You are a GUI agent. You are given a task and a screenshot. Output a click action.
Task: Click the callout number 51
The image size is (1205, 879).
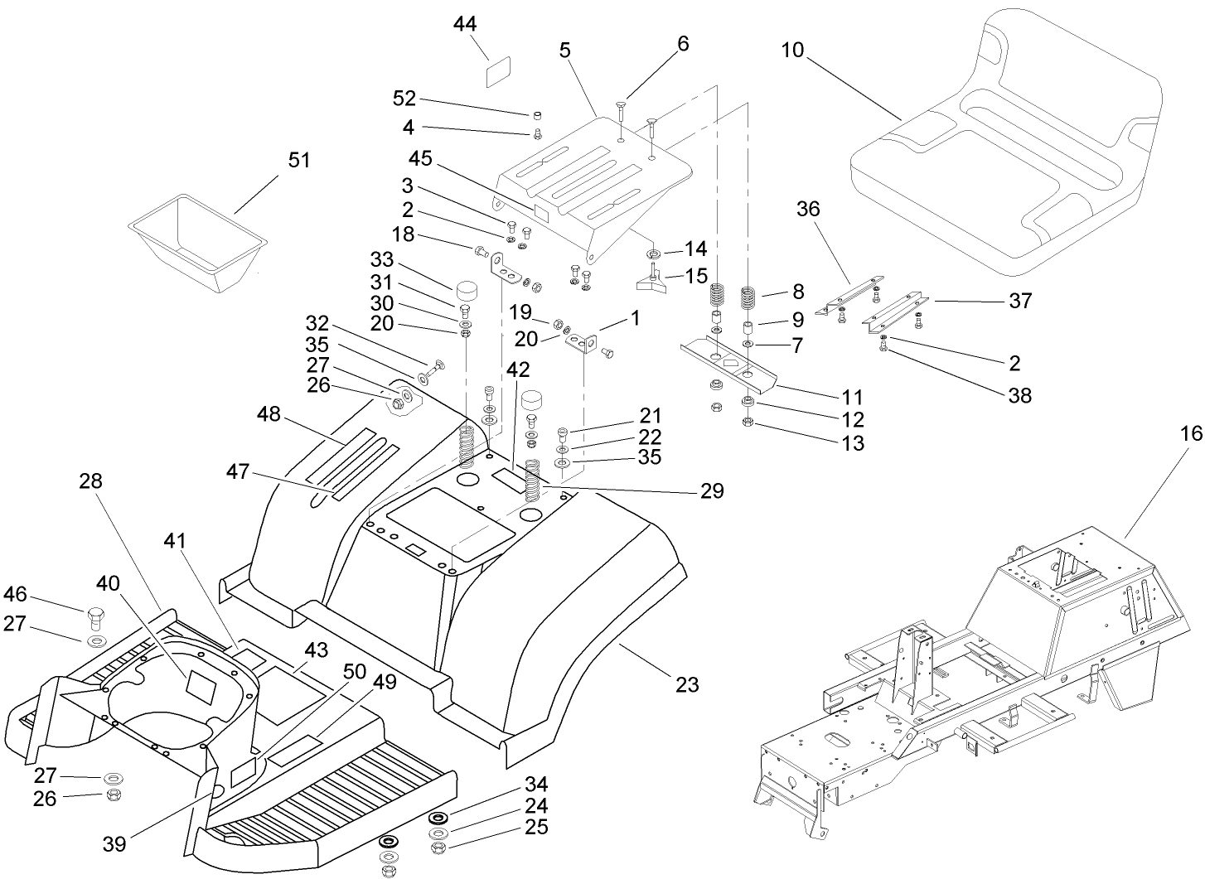[298, 159]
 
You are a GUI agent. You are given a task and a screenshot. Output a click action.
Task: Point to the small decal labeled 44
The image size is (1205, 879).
[496, 72]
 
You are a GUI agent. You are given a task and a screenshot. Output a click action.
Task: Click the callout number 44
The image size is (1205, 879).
[465, 24]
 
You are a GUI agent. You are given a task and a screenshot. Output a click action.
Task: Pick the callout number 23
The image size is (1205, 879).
[687, 684]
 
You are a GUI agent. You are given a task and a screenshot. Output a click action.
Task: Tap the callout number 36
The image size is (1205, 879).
[808, 209]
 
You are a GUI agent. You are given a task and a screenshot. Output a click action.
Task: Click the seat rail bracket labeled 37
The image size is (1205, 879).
[899, 308]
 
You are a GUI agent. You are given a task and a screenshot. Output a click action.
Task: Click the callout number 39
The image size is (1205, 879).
[114, 843]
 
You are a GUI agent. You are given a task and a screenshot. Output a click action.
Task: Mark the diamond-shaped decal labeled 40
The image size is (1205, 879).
[201, 683]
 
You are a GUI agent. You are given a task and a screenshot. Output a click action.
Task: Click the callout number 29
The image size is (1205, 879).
[711, 491]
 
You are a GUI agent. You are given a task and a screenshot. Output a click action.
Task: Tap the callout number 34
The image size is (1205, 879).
[536, 785]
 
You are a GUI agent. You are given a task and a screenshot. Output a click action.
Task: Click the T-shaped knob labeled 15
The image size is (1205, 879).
[652, 282]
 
